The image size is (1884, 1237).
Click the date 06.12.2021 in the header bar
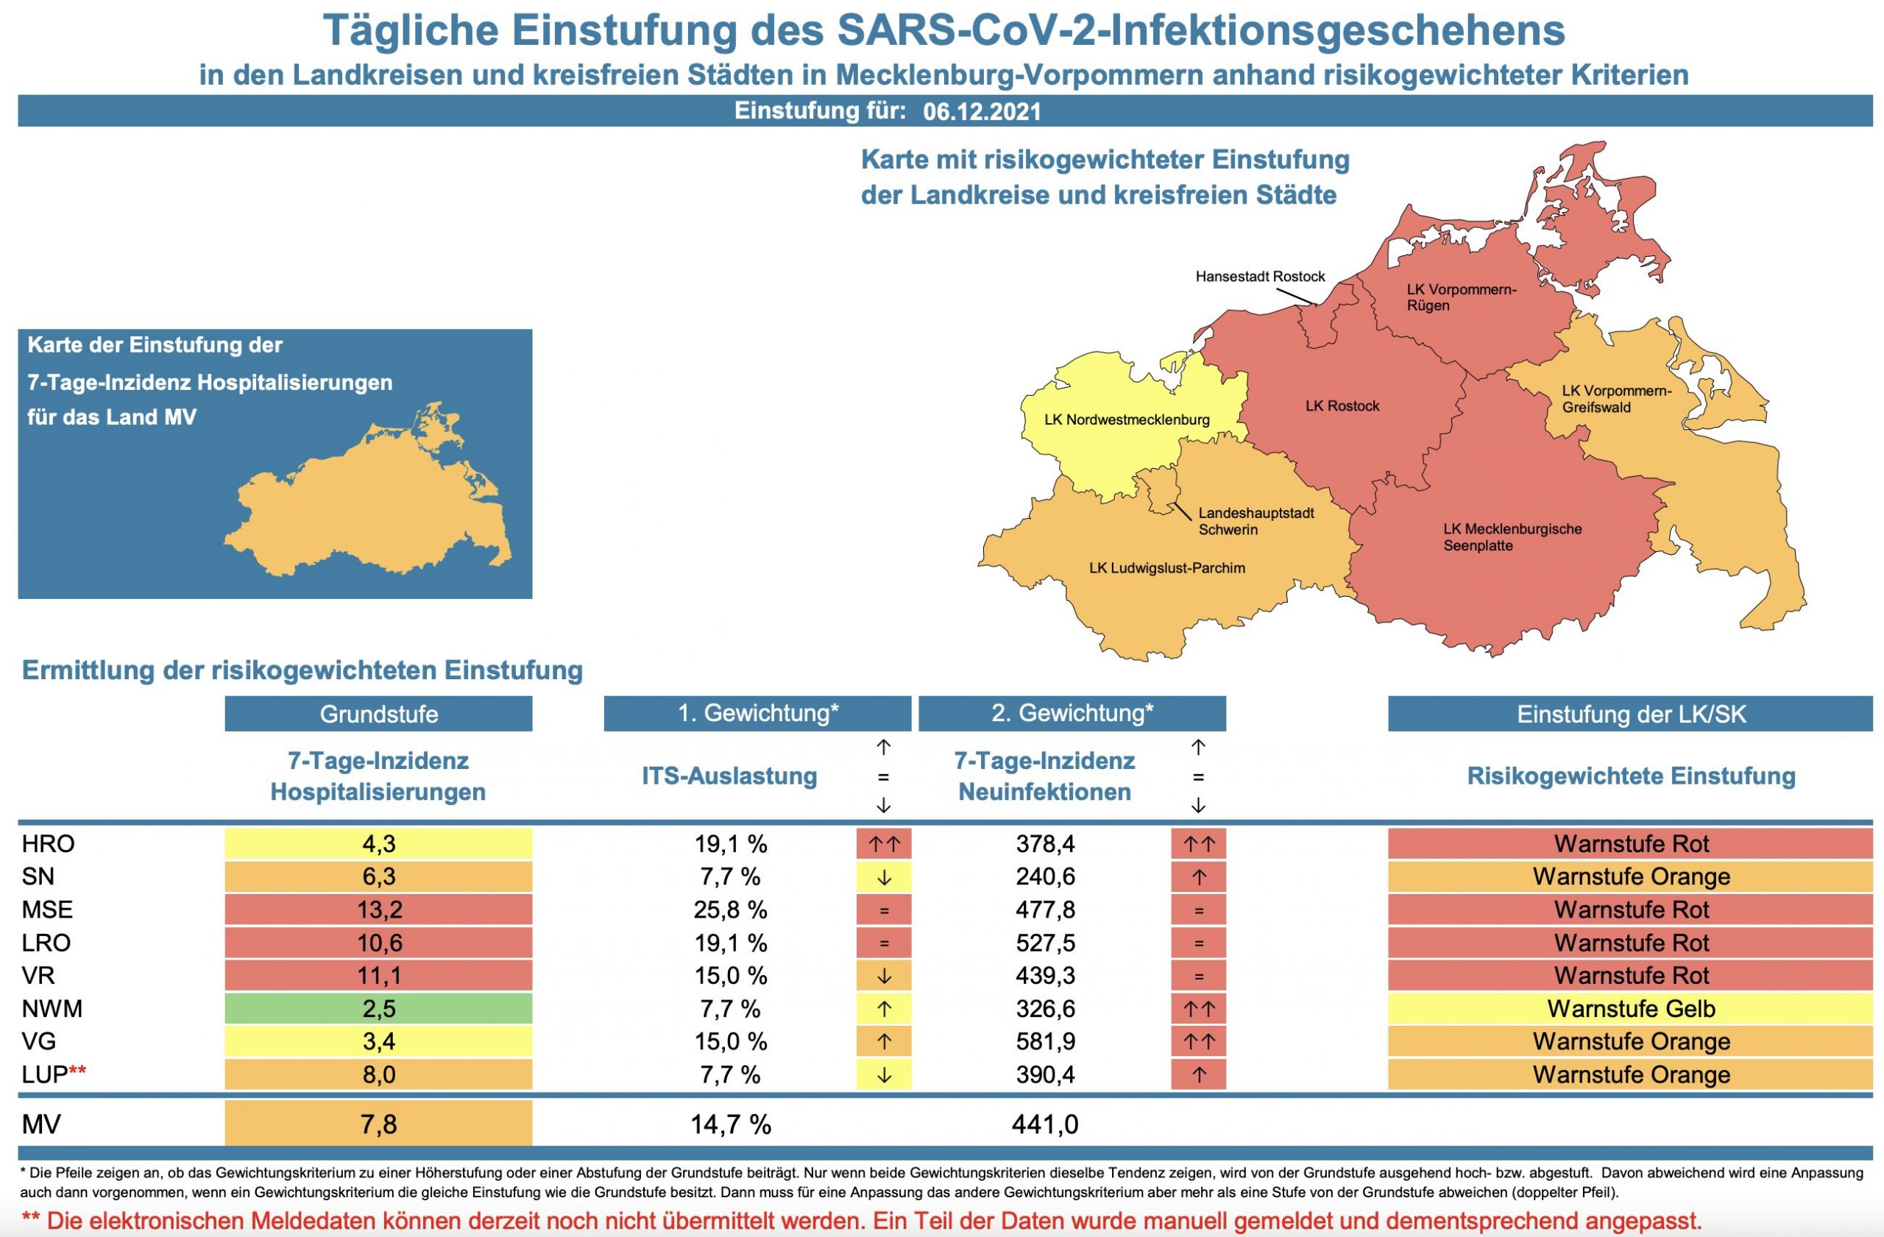(982, 112)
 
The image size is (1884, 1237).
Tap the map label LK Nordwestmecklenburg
(1127, 420)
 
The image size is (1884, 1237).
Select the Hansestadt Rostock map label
(1259, 277)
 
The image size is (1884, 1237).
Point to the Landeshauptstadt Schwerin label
(1256, 522)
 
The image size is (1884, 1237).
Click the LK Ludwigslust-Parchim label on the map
(1166, 568)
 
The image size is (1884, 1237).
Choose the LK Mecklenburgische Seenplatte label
(1512, 537)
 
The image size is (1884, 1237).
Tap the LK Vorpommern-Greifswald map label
(1616, 399)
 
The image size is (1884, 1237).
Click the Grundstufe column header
(378, 714)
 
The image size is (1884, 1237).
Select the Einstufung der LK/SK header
(1631, 714)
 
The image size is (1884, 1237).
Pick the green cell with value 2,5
(378, 1009)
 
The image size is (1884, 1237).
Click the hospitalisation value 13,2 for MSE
(378, 910)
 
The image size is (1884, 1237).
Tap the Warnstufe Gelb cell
(1631, 1009)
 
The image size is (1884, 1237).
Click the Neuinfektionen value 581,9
(1045, 1041)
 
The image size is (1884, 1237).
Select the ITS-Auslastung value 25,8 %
(730, 910)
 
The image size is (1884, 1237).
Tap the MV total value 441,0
(1045, 1124)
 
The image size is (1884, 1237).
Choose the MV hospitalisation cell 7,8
(378, 1124)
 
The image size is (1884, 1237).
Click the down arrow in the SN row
(883, 878)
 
